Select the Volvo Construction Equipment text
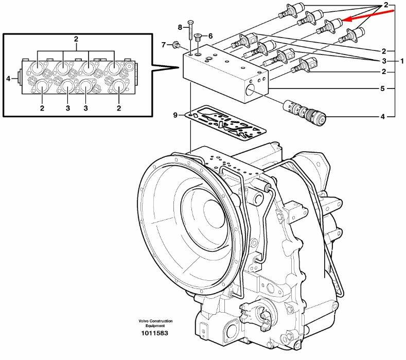point(155,323)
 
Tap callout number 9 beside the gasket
point(175,114)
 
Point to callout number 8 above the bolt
point(180,27)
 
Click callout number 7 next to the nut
point(164,45)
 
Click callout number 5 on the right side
point(383,88)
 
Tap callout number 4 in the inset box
point(8,79)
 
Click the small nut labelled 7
point(175,45)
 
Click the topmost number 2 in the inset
point(76,39)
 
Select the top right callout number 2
point(385,5)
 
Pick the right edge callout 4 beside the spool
point(383,117)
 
